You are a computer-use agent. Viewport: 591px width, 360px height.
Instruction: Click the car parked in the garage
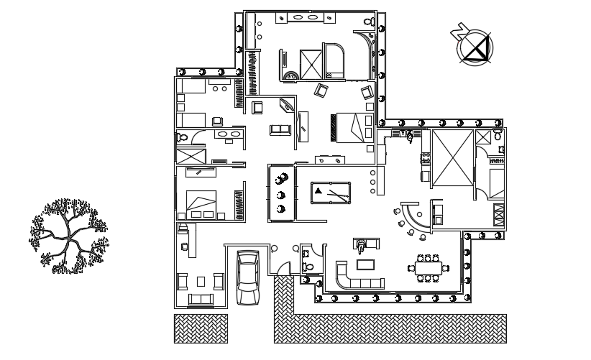click(248, 279)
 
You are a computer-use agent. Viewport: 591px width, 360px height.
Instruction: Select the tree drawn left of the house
click(68, 236)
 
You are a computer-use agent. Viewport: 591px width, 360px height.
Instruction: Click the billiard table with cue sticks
click(331, 193)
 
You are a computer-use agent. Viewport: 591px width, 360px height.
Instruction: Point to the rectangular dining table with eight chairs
click(430, 268)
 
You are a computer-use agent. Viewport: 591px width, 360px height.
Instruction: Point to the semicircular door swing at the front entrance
click(285, 269)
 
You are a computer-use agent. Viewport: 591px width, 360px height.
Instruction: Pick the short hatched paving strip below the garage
click(201, 328)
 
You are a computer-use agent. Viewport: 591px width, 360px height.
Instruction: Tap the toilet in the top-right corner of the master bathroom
click(368, 24)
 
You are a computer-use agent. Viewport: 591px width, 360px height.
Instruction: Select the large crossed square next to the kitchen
click(452, 159)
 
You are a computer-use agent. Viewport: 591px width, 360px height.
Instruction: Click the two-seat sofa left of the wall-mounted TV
click(278, 129)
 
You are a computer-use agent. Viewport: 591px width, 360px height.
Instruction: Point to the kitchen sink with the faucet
click(410, 134)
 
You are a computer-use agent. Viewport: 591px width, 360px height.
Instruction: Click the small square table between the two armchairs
click(201, 280)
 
